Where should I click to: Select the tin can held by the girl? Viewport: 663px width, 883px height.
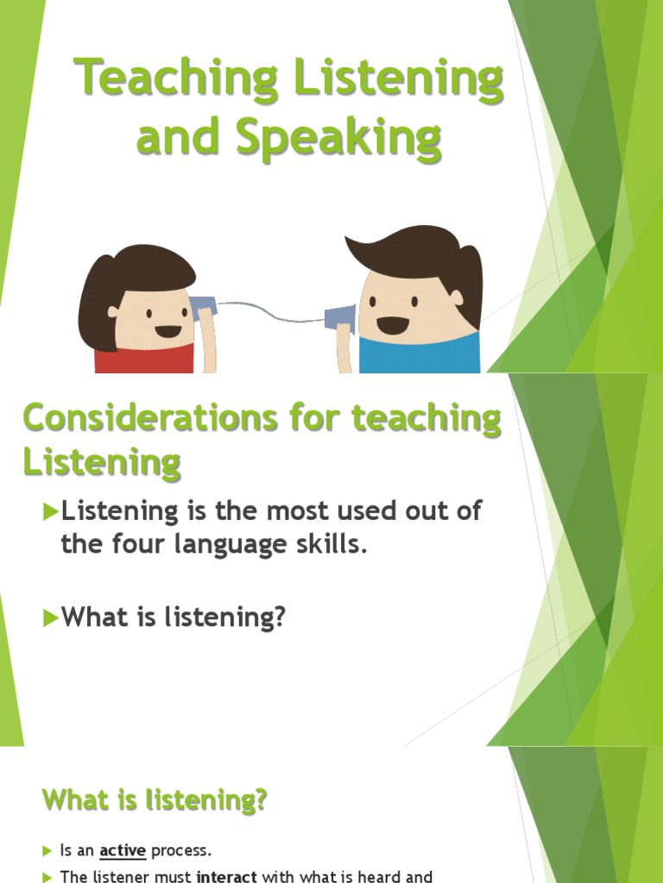[x=203, y=307]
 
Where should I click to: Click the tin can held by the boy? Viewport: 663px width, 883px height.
[x=338, y=317]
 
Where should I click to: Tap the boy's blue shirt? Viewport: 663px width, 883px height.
[x=419, y=354]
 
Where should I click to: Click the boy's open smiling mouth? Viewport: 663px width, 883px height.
[x=393, y=325]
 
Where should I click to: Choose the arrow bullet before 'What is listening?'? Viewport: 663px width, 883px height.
[x=49, y=617]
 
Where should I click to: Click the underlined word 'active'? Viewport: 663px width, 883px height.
[x=123, y=850]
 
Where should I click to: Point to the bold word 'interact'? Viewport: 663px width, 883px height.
[x=228, y=877]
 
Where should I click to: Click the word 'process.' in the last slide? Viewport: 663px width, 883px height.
[x=181, y=850]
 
